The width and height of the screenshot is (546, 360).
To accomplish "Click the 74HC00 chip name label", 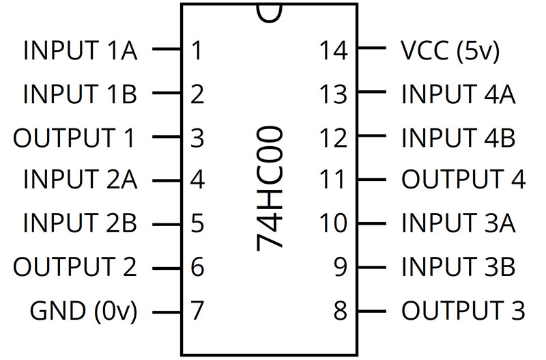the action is [x=269, y=188].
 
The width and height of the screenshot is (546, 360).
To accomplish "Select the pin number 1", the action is [x=197, y=51].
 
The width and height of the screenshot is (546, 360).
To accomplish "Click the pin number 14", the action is [x=333, y=51].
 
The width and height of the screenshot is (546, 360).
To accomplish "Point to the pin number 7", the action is [x=197, y=310].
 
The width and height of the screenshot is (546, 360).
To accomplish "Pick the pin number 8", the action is [x=340, y=310].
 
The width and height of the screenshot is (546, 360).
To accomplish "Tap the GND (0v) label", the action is [x=83, y=311].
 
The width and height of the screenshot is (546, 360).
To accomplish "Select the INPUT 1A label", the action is [x=81, y=51].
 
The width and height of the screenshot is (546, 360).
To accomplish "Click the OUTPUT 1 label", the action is [x=74, y=138].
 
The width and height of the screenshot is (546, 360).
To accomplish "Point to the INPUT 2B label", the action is [x=80, y=223].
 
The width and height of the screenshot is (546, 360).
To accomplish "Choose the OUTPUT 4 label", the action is [x=463, y=179].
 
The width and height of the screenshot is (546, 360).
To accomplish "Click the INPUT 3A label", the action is [x=458, y=223].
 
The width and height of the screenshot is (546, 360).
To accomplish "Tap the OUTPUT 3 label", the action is [x=463, y=310].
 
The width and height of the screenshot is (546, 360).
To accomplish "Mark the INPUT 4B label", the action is [x=458, y=138].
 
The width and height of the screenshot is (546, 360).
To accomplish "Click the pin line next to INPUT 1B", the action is [x=167, y=93].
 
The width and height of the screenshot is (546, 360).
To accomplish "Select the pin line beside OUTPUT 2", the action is [x=167, y=268].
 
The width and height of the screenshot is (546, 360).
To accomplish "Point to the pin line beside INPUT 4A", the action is [x=372, y=92].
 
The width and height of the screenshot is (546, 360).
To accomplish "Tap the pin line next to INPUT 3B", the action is [x=372, y=268].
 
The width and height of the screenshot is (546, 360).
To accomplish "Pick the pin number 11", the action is [x=332, y=179].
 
